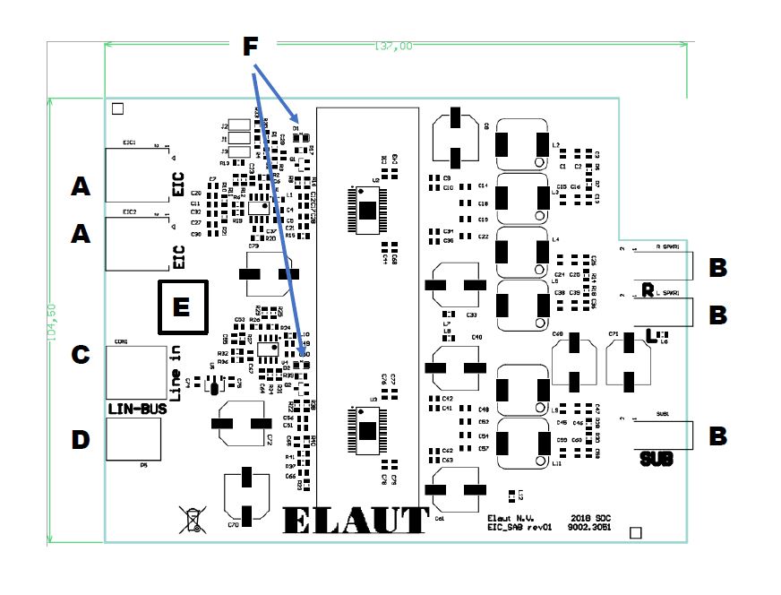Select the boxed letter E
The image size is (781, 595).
[x=182, y=306]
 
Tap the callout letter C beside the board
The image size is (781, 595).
[x=81, y=355]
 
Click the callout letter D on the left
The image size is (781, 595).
[x=81, y=440]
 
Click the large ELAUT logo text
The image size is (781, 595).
[x=356, y=520]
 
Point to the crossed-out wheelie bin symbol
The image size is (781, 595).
[x=192, y=519]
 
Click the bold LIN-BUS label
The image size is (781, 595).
[x=133, y=409]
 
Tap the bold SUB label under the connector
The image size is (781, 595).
[x=656, y=460]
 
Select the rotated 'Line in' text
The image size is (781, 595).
[x=176, y=367]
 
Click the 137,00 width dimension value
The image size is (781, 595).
[x=393, y=47]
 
